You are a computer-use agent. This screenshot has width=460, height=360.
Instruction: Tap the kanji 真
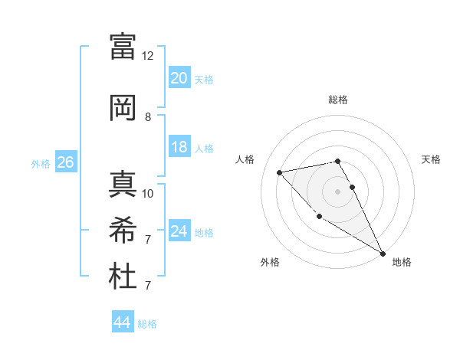[123, 184]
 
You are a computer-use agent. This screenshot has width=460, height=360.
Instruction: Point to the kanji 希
[123, 230]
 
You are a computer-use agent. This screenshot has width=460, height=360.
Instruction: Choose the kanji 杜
[123, 276]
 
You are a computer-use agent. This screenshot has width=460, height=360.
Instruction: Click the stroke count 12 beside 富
[148, 56]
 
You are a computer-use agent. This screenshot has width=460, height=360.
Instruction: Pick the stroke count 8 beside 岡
[148, 117]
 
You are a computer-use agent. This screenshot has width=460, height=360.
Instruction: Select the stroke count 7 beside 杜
[148, 286]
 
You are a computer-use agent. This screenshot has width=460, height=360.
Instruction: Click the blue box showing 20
[179, 78]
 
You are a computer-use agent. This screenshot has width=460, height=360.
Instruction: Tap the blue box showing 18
[179, 147]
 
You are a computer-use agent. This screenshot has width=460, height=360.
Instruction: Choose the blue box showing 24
[179, 231]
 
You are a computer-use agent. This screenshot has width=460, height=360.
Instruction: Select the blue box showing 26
[65, 162]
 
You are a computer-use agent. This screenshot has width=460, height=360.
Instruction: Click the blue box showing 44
[122, 323]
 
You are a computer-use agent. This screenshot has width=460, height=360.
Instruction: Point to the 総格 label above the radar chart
[337, 100]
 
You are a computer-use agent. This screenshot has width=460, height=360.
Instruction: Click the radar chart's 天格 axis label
[431, 159]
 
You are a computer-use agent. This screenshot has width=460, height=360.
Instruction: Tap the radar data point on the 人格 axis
[280, 172]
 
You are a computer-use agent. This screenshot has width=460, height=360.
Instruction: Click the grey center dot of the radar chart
[337, 191]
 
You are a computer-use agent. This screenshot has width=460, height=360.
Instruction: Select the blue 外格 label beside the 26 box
[41, 163]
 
